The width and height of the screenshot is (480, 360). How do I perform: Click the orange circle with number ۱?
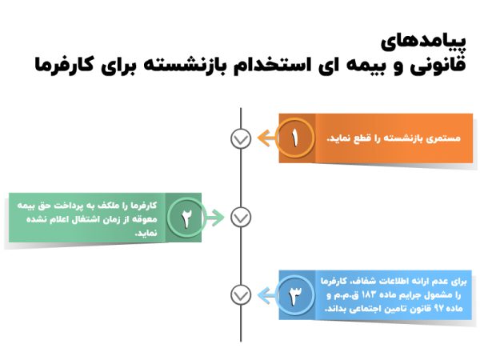[295, 138]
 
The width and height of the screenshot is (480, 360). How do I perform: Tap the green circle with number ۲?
[187, 217]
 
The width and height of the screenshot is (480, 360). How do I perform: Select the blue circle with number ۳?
[295, 295]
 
